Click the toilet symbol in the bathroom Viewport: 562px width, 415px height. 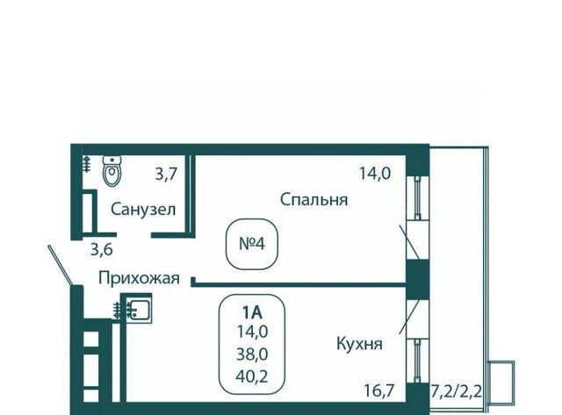pos(111,172)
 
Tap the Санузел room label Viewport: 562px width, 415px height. pos(143,210)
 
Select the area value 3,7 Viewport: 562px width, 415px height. pos(166,174)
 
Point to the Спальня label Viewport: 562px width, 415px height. pos(314,200)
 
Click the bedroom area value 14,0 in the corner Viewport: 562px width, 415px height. pos(373,174)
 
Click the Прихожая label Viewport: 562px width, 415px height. pos(139,279)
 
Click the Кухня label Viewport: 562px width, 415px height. pos(357,344)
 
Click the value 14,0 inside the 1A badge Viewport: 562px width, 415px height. pos(253,331)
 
